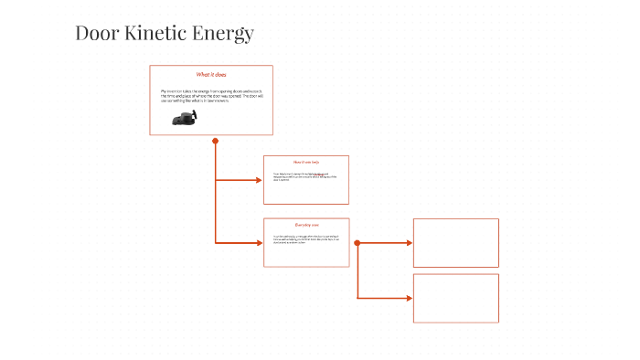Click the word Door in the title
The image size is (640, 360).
(x=95, y=34)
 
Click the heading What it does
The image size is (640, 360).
(x=211, y=74)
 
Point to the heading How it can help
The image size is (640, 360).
(x=306, y=162)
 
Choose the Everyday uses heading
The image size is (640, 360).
(x=306, y=225)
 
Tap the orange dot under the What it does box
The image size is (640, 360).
(x=216, y=141)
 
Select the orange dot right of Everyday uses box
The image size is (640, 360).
(x=357, y=243)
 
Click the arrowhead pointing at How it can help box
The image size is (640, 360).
(x=259, y=180)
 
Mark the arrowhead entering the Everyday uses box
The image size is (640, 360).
(x=259, y=243)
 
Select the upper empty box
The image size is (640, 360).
(x=455, y=242)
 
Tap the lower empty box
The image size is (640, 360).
(x=455, y=298)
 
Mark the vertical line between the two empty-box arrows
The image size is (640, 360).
(x=357, y=271)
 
